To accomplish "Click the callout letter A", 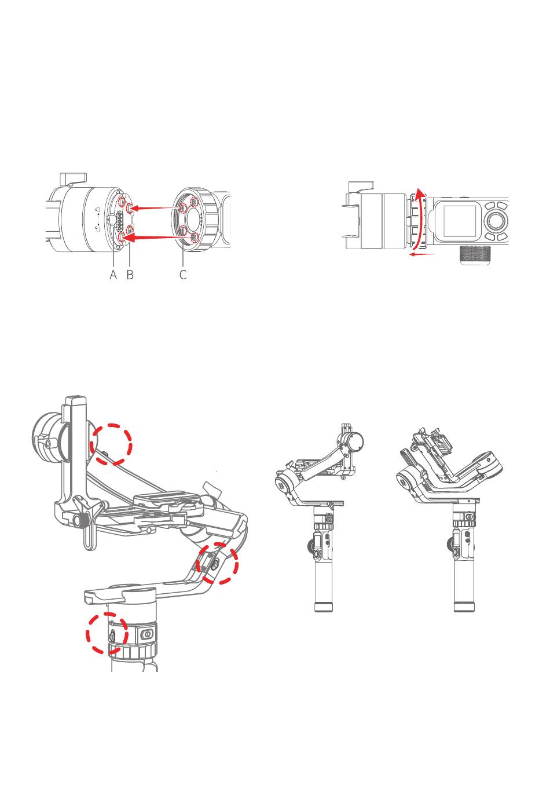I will [113, 275].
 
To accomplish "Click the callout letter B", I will [130, 275].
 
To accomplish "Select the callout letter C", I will [183, 275].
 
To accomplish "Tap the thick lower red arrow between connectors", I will [153, 237].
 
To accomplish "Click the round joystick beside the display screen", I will [496, 220].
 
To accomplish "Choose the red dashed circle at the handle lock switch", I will [107, 634].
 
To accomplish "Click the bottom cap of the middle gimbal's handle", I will [323, 607].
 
